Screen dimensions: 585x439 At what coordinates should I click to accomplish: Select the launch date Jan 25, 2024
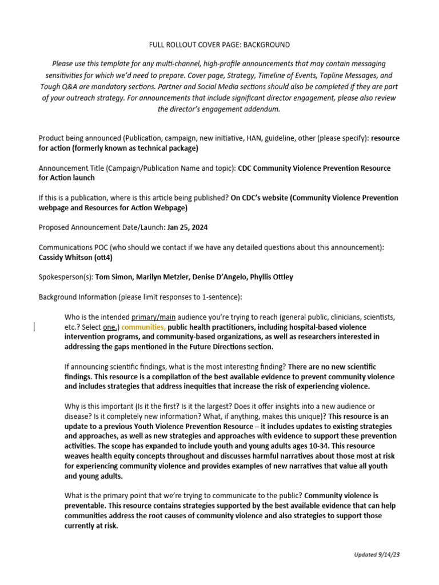pos(187,227)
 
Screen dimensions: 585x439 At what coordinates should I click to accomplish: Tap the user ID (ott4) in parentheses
pos(104,257)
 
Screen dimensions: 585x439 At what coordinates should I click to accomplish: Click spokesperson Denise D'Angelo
pos(225,277)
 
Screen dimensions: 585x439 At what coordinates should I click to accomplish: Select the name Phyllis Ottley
pos(270,277)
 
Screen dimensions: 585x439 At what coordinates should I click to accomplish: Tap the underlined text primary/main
pos(153,317)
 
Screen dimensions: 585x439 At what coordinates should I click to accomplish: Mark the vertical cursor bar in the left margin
pos(34,327)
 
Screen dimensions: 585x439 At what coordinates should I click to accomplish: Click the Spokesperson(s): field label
pos(66,277)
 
